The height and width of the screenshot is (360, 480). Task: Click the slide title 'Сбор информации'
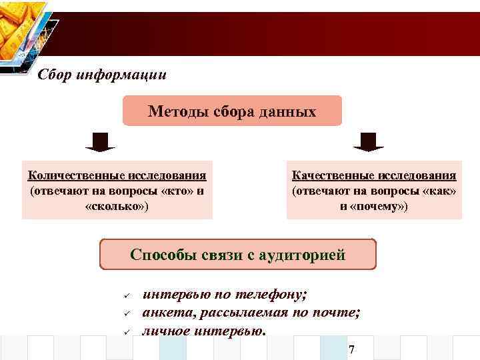point(102,74)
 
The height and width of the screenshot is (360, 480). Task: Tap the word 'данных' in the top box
point(289,111)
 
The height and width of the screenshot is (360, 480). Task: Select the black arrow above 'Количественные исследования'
point(100,141)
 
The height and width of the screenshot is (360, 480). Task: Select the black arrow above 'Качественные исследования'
point(369,141)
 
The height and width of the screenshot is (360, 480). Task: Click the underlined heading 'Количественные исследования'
point(117,175)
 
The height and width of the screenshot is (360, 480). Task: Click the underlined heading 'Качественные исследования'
point(374,175)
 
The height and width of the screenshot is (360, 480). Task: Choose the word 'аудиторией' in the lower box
point(307,255)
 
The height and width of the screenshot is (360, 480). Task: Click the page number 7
point(351,350)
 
